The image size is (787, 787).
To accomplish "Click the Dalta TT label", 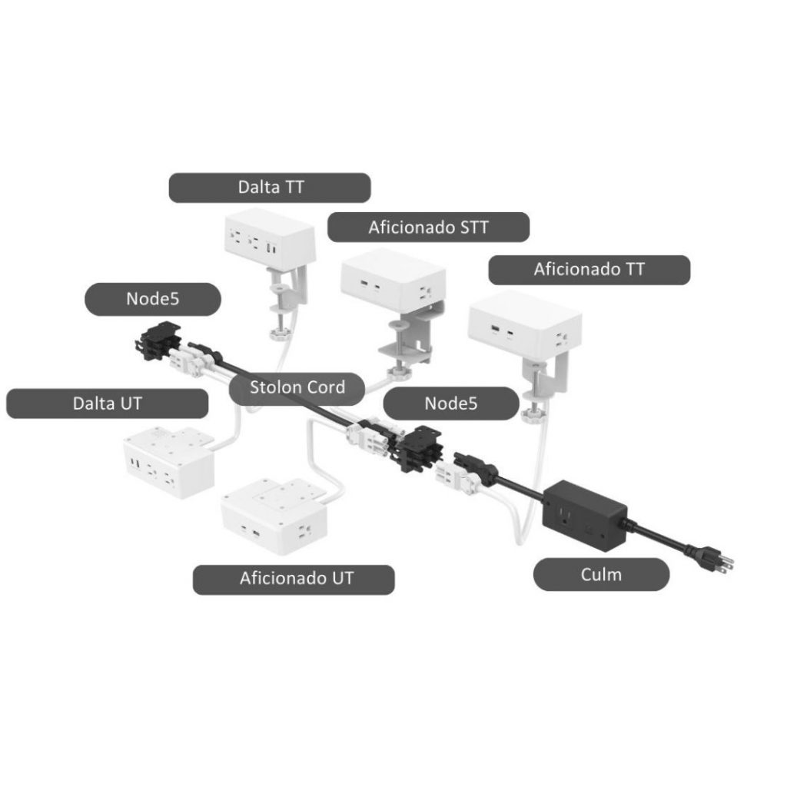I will click(269, 188).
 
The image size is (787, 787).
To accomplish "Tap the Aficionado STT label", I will click(428, 227).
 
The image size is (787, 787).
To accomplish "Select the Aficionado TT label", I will click(589, 269).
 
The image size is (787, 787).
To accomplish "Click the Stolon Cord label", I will click(297, 387).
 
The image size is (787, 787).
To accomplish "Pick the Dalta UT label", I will click(107, 403).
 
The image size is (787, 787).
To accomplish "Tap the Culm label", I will click(601, 574).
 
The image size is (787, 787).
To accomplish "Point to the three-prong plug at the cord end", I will click(711, 557).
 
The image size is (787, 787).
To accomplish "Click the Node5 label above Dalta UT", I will click(153, 299).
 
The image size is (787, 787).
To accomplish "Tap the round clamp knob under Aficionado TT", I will click(529, 416).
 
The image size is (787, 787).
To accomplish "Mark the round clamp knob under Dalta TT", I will click(275, 334).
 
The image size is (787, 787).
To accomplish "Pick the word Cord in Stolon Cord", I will click(325, 387).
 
